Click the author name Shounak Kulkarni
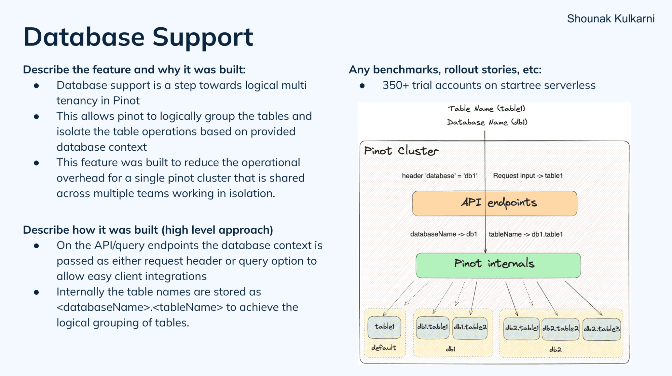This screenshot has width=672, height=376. pos(610,18)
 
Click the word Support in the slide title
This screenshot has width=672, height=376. pos(202,37)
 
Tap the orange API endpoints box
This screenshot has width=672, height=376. pos(494,203)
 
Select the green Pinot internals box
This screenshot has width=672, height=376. pos(498,265)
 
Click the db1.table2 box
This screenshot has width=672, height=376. pos(470,328)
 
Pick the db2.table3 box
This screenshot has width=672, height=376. pos(601,329)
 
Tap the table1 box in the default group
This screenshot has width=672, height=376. pos(384,327)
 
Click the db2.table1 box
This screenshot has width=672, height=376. pos(521,329)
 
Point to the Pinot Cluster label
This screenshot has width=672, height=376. pos(401,151)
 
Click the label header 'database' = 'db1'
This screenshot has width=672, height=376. pos(439,176)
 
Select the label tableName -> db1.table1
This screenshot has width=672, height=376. pos(525,234)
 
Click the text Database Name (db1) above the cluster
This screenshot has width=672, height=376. pos(487,122)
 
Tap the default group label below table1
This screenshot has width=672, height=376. pos(384,348)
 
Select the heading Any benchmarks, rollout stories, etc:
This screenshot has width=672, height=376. pos(445,70)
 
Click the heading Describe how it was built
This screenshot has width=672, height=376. pos(148,230)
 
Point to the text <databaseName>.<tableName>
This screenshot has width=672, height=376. pos(140,307)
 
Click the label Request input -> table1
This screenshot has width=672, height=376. pos(528,176)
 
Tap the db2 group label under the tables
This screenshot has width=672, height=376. pos(555,350)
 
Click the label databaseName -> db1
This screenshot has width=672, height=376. pos(443,234)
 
